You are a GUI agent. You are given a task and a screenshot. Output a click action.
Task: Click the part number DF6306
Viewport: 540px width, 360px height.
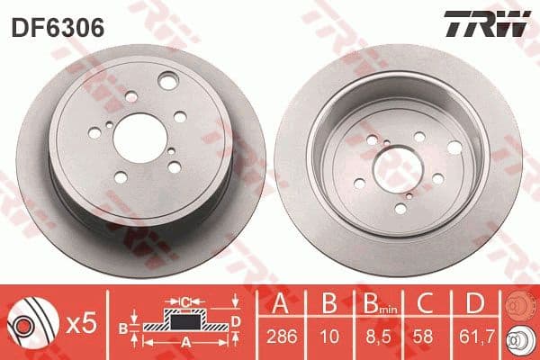click(58, 28)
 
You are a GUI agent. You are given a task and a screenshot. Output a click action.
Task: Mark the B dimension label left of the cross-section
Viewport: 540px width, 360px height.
click(125, 329)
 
